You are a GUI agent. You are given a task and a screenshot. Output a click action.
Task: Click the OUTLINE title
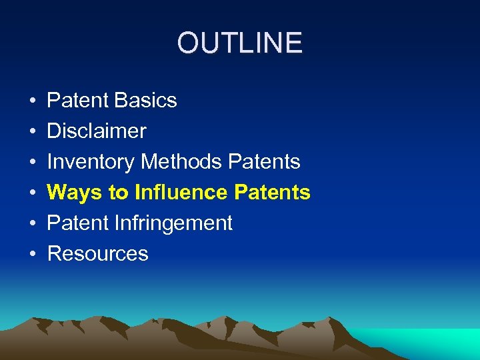pos(240,43)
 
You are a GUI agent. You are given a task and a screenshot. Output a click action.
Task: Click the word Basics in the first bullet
pos(145,101)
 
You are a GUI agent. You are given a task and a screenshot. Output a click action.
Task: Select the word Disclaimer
pos(97,131)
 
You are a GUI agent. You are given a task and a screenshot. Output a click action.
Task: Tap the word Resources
pos(98,254)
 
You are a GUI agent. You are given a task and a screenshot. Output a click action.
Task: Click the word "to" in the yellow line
pos(118,193)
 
